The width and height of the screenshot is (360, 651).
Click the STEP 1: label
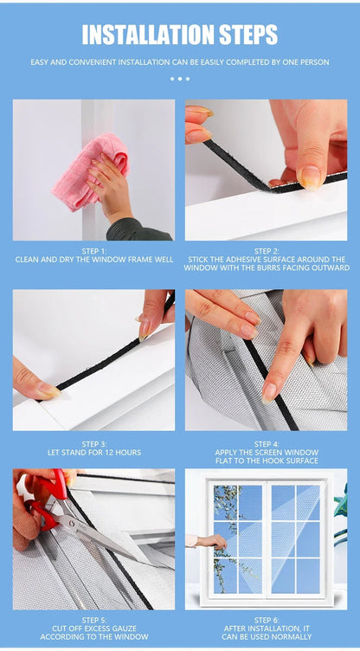(x=93, y=251)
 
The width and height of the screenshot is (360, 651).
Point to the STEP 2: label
(x=267, y=251)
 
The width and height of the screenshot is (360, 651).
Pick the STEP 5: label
(x=93, y=620)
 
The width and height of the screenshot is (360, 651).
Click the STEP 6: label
(x=267, y=620)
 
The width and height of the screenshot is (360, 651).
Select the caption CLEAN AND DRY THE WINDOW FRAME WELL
(x=93, y=260)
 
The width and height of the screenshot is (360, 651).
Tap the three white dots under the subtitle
(x=179, y=79)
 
